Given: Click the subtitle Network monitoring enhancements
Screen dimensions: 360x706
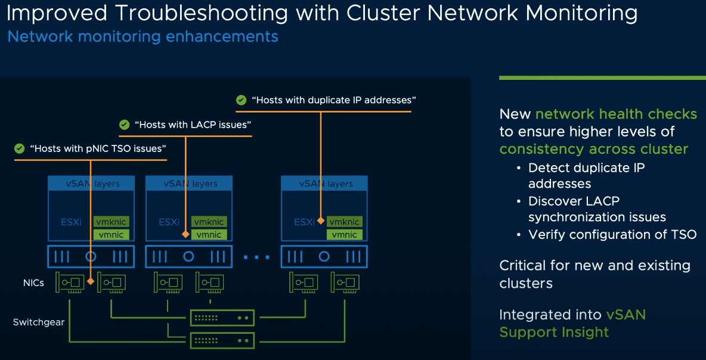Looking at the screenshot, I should click(143, 37).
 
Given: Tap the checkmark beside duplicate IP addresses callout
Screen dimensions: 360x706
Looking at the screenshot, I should click(241, 100).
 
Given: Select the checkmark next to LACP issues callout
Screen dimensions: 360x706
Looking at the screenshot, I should click(124, 125).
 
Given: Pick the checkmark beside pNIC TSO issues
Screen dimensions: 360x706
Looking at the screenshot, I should click(20, 148).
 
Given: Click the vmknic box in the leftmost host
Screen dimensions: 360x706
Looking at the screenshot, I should click(111, 222).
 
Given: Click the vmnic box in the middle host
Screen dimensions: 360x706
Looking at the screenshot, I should click(209, 235).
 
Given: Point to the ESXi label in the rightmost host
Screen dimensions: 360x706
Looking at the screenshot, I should click(304, 222).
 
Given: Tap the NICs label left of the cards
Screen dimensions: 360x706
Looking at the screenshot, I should click(33, 283).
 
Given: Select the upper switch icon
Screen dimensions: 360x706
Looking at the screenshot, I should click(222, 318).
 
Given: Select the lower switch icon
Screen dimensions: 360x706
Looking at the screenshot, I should click(222, 340).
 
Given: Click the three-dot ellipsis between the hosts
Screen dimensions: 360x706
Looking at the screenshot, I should click(256, 257).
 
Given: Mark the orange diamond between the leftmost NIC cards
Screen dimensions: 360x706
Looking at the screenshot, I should click(90, 281).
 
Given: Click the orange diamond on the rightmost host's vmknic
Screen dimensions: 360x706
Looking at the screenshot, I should click(321, 221).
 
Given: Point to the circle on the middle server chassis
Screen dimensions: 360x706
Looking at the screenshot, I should click(188, 257).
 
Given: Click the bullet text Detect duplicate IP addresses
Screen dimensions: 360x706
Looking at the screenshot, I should click(586, 175).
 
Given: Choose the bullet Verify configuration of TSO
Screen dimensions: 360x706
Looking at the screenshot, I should click(612, 234).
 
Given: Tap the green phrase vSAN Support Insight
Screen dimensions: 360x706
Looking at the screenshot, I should click(572, 323).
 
